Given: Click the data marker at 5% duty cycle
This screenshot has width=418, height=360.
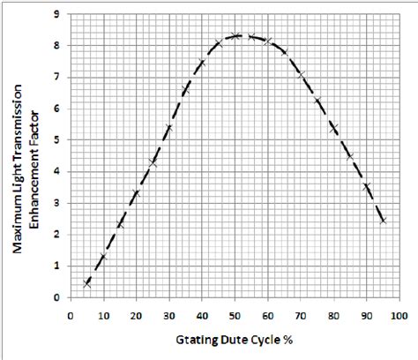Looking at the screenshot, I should [87, 283].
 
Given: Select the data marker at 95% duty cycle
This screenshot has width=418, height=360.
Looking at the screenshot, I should [383, 220].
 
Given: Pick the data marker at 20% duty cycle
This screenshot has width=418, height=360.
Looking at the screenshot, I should [137, 193].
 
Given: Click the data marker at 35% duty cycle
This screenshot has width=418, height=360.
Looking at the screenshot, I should [186, 89].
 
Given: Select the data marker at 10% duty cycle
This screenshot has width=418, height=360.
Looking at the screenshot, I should [104, 257].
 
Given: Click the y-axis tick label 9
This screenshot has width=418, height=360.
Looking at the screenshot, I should [57, 14].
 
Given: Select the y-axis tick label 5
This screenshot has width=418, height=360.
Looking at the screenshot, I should [57, 140].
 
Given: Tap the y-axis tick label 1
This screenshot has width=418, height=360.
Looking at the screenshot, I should [57, 266].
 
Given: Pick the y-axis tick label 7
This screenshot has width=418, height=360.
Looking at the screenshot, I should [57, 77].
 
